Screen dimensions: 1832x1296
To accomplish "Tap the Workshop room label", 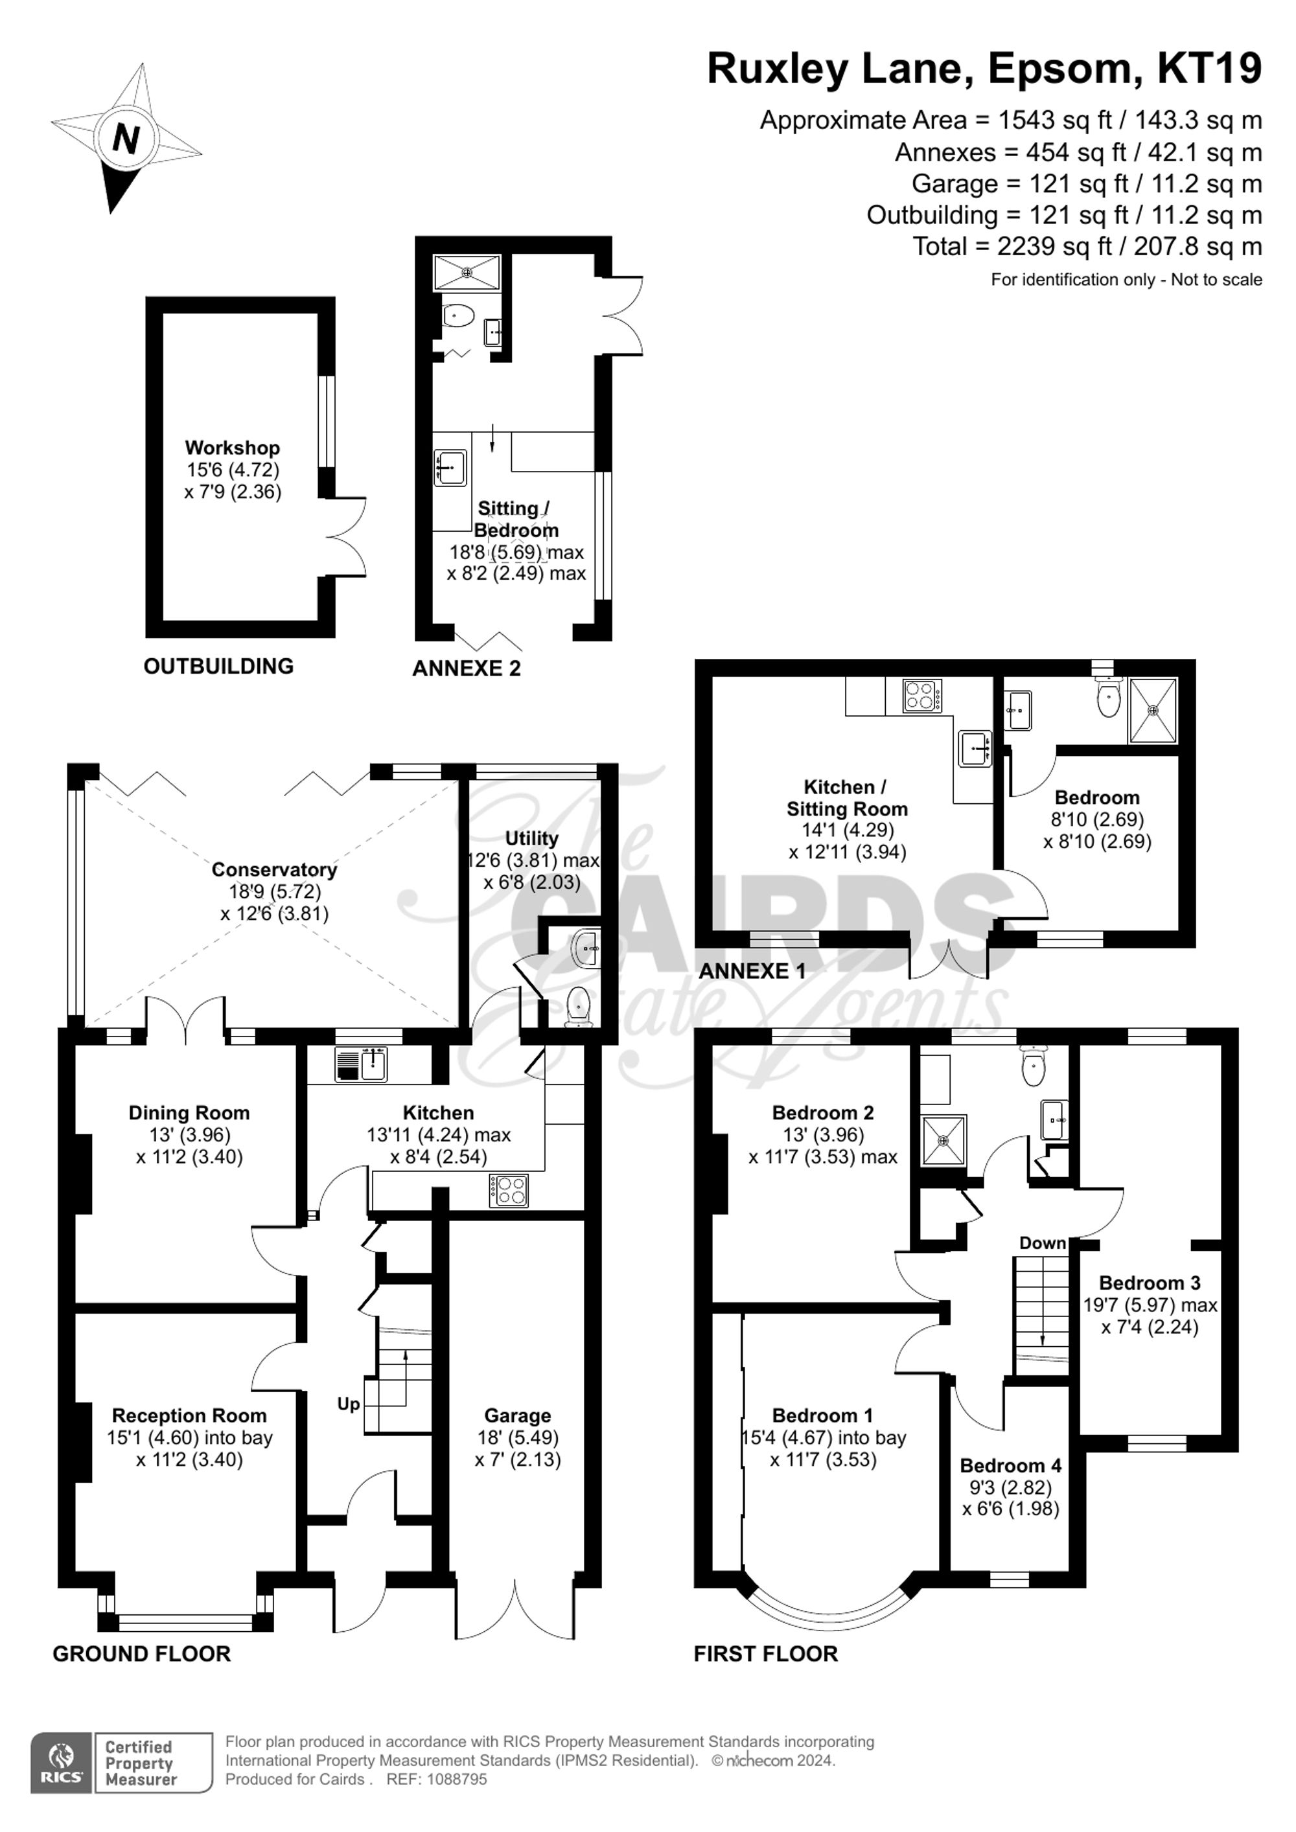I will pos(232,448).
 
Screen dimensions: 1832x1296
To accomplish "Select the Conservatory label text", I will pos(273,870).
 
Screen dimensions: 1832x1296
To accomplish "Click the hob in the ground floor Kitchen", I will pos(507,1191).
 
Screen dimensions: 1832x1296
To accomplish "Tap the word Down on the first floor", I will pos(1042,1243).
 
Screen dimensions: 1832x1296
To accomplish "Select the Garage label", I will pos(517,1415).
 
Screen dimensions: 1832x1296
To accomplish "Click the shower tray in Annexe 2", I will pos(466,272).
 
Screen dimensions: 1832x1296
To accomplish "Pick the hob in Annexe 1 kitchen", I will pos(921,695).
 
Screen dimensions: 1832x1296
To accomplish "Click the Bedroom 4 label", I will pos(1010,1466).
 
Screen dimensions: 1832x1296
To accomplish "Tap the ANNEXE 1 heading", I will pos(752,971).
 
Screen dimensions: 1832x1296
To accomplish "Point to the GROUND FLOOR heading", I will pos(141,1654).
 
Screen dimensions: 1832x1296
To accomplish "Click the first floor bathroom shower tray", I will pos(943,1139).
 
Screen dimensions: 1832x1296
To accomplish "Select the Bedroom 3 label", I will pos(1149,1283).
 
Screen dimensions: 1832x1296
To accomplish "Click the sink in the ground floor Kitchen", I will pos(372,1064).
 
